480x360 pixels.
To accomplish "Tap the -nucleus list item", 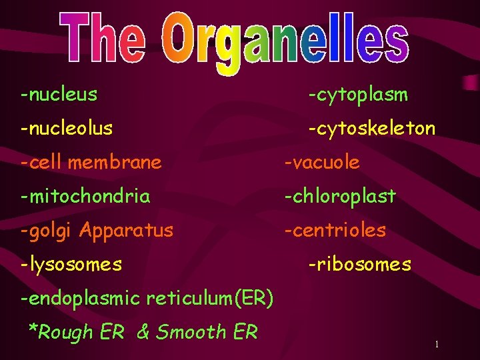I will [x=59, y=95].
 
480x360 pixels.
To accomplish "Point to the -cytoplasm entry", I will [x=357, y=95].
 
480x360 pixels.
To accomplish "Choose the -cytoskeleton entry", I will [x=371, y=129].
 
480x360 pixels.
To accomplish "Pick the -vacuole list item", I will [x=322, y=162].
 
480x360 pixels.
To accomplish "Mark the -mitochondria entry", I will [x=85, y=197].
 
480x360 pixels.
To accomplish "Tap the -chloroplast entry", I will [x=340, y=197].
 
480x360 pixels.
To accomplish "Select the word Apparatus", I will [x=126, y=231].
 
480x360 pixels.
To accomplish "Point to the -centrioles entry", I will [x=335, y=231].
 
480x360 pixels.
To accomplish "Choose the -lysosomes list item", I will [x=71, y=265].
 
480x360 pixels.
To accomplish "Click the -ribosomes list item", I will [x=359, y=265].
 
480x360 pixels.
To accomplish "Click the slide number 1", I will [x=436, y=344].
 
